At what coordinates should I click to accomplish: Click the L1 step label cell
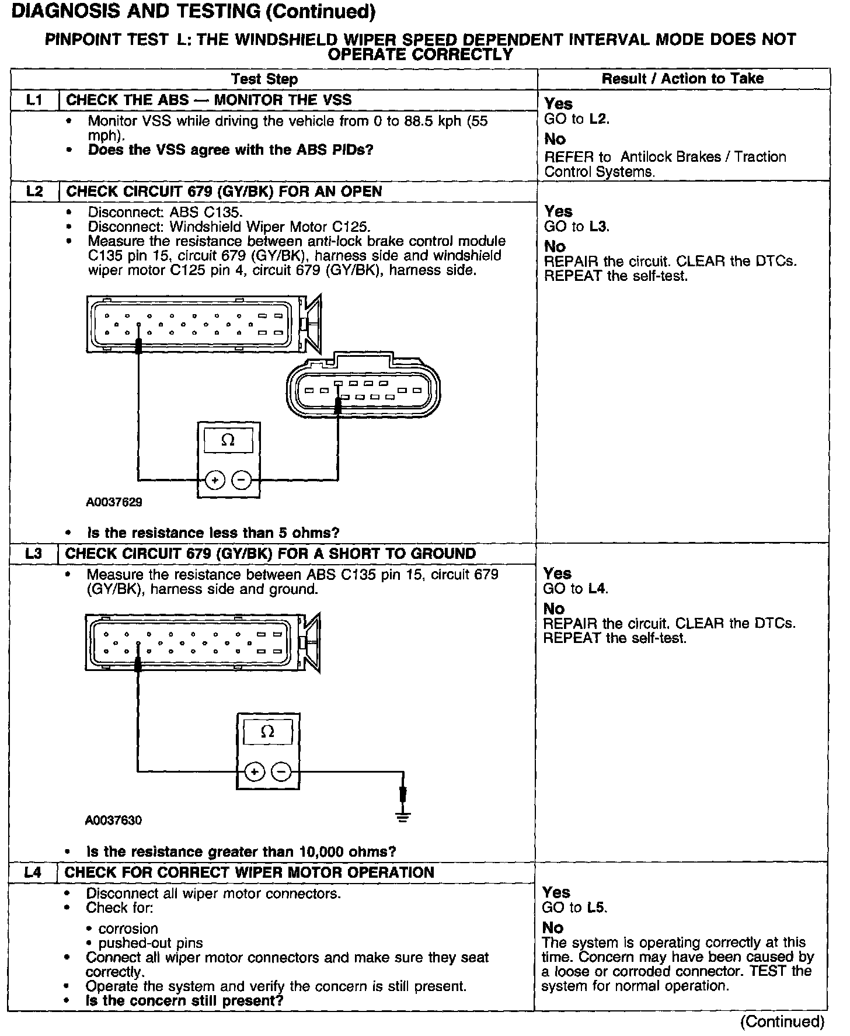click(x=34, y=100)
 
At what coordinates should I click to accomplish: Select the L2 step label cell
click(x=34, y=192)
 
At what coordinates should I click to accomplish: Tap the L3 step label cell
click(x=34, y=554)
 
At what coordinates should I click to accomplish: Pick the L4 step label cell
click(x=33, y=872)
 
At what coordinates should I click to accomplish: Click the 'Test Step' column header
click(x=264, y=79)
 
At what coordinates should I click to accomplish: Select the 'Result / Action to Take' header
click(x=682, y=79)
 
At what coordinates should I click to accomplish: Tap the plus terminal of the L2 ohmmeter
click(x=215, y=481)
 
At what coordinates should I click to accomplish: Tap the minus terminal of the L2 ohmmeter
click(x=242, y=481)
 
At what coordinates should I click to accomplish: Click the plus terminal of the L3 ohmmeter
click(x=254, y=771)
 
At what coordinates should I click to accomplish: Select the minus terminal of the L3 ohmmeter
click(x=281, y=771)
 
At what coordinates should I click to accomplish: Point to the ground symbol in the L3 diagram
click(x=403, y=816)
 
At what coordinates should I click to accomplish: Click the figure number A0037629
click(x=114, y=502)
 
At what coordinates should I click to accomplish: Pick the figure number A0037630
click(x=113, y=821)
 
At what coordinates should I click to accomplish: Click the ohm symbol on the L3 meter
click(x=267, y=732)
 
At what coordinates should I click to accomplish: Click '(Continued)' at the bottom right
click(x=782, y=1021)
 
